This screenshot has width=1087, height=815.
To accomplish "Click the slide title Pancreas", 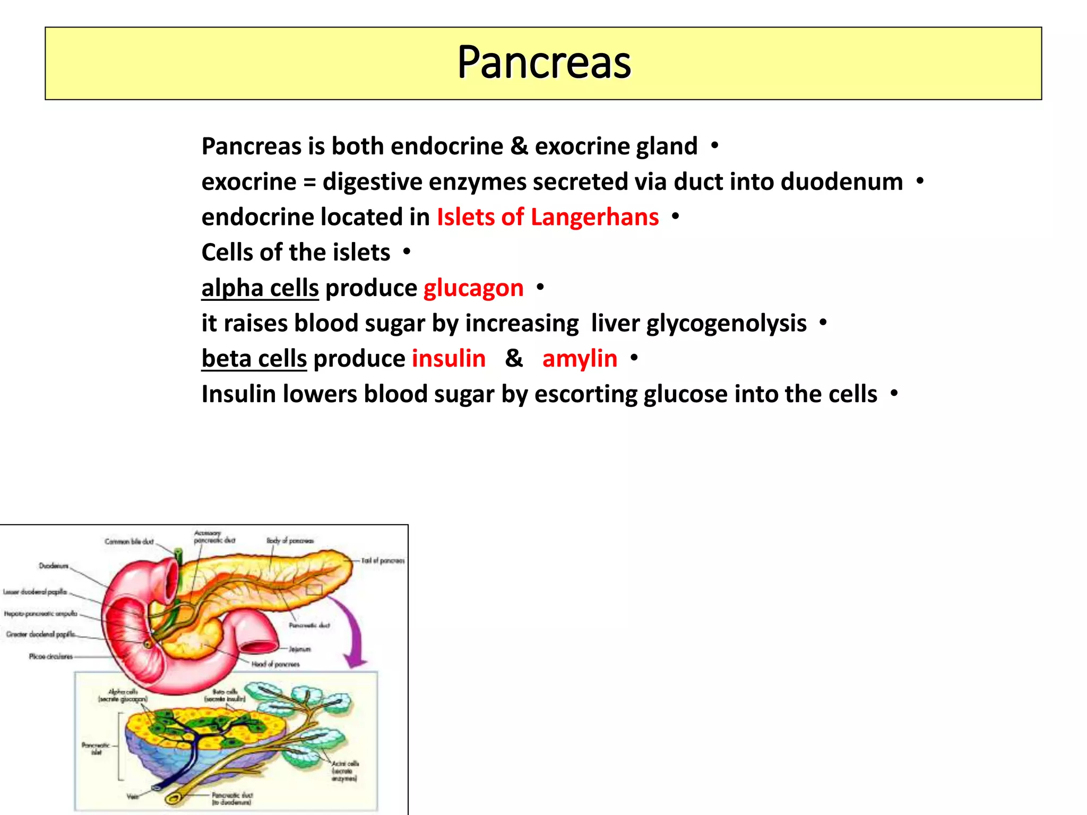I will pos(544,63).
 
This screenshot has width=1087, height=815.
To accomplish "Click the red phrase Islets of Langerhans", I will pos(547,217).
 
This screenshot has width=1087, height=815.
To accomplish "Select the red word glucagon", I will pos(473,288).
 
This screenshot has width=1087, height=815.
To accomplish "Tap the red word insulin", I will pos(448,359).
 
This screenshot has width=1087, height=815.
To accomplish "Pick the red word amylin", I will pos(580,359).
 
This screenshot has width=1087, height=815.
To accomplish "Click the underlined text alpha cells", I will pos(260,288).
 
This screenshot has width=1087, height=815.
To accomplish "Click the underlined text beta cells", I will pos(254,359).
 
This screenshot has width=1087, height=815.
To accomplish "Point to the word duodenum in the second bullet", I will pos(841,182).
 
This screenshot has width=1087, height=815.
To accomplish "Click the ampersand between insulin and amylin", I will pos(514,359).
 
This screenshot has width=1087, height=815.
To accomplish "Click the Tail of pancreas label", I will pos(383,561).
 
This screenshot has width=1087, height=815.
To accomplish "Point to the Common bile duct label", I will pos(129,542).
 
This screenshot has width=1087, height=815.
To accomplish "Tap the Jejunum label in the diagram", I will pos(300,649).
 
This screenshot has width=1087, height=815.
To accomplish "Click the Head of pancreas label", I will pos(275,664).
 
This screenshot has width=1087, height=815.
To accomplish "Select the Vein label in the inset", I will pos(133,796).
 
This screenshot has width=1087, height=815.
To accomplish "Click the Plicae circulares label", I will pos(51,656).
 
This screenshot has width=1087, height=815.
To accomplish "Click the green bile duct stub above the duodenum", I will pos(179,556).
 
